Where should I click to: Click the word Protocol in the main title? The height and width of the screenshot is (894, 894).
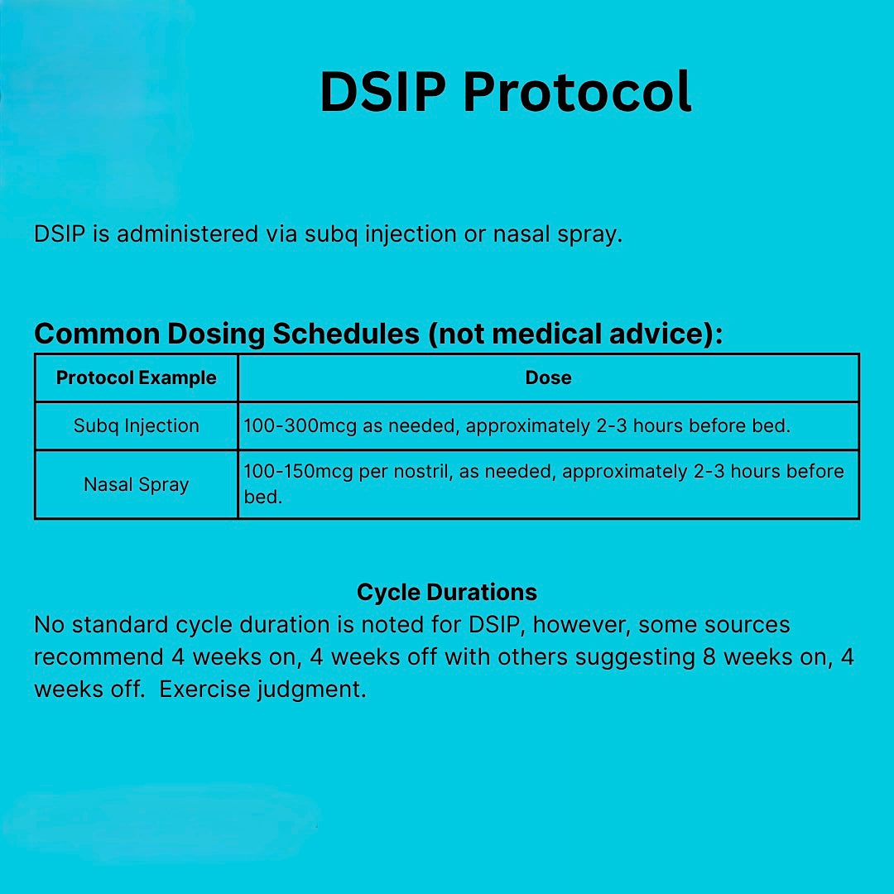[577, 92]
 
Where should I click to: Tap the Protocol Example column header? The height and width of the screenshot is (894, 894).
[136, 378]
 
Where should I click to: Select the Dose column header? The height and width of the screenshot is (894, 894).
[548, 378]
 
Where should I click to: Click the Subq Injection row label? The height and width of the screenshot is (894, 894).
[136, 426]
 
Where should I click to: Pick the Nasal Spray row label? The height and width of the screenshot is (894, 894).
[136, 484]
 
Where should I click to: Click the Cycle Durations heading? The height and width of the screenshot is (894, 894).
[447, 593]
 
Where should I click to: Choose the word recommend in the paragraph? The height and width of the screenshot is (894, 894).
[99, 657]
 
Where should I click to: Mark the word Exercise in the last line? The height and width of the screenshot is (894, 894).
[204, 690]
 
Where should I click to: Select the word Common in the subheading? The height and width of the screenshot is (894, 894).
[97, 334]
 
